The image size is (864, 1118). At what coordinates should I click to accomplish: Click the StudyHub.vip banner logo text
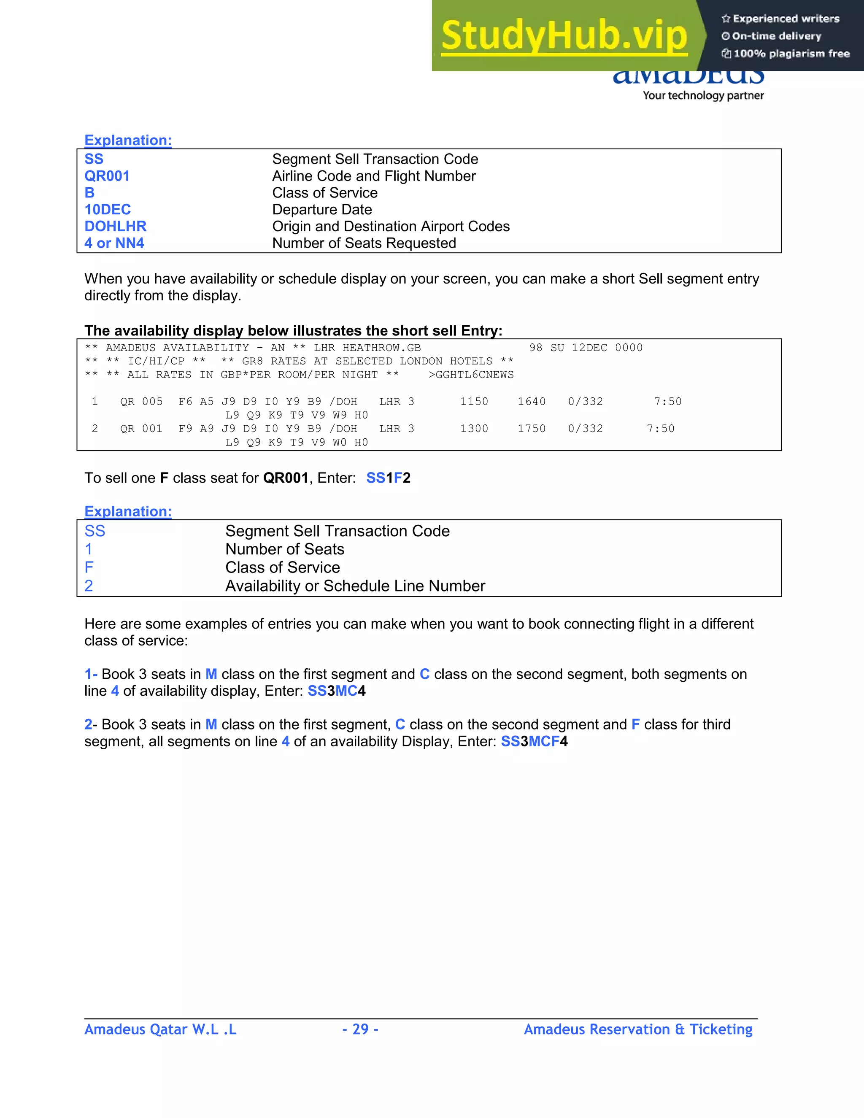click(564, 36)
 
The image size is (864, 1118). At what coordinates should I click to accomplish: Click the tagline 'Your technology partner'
click(703, 96)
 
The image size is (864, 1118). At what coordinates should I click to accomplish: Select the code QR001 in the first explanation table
click(107, 176)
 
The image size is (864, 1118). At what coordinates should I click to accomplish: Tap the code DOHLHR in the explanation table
click(115, 226)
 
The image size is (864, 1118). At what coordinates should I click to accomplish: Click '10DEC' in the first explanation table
click(108, 209)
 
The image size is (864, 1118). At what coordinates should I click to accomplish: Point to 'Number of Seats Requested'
click(364, 243)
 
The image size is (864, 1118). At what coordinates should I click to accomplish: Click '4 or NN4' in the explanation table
click(114, 243)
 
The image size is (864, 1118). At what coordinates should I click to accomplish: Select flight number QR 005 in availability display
click(141, 402)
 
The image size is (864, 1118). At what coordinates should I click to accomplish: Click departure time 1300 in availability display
click(474, 429)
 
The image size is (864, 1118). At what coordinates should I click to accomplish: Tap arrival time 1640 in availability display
click(531, 402)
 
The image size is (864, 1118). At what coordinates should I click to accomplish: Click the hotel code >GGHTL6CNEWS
click(471, 375)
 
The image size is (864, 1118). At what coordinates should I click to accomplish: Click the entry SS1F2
click(388, 478)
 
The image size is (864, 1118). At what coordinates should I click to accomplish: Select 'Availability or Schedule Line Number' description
click(355, 586)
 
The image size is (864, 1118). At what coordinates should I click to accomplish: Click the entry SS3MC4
click(336, 691)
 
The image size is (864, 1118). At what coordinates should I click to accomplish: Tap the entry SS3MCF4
click(534, 742)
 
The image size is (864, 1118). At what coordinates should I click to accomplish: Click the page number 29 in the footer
click(360, 1029)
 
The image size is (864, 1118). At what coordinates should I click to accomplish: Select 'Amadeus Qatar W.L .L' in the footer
click(160, 1029)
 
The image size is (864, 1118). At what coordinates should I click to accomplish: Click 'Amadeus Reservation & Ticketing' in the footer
click(638, 1029)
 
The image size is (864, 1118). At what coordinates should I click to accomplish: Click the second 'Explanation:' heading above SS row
click(128, 511)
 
